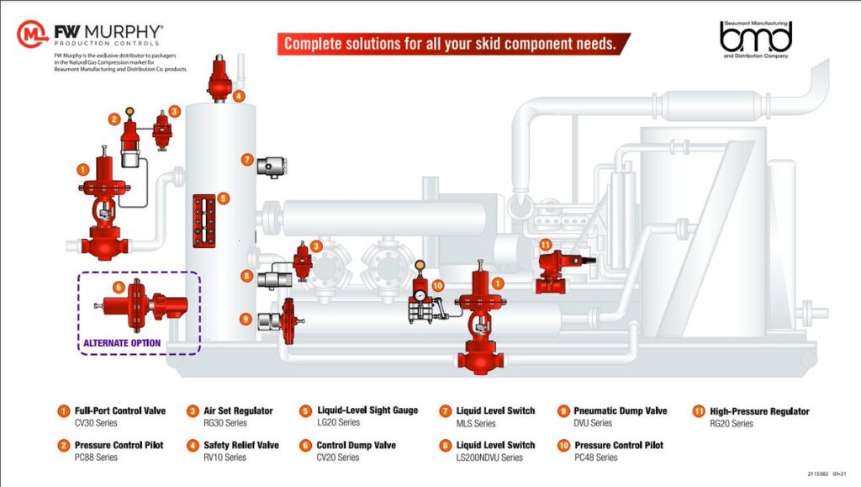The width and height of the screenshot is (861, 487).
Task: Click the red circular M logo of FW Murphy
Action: pos(33,34)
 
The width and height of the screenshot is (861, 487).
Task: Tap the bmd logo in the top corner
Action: pos(756,37)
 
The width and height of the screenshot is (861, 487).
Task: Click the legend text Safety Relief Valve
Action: pos(241,445)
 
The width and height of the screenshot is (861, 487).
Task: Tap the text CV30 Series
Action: pos(97,423)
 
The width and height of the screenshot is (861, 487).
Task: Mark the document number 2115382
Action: pos(819,474)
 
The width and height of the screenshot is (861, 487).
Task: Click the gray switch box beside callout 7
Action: pos(271,167)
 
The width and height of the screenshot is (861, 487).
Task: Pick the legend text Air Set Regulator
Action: pos(238,410)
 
